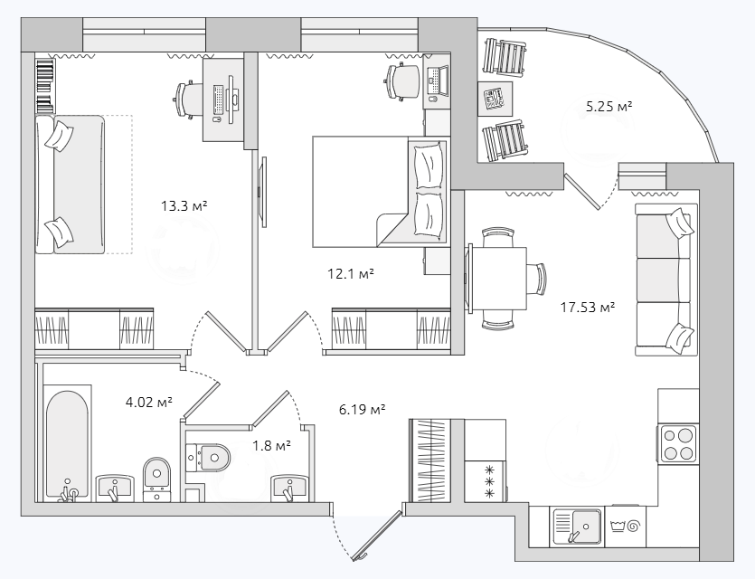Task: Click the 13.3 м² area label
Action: (184, 206)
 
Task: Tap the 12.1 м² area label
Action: (351, 274)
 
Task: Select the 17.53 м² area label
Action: (588, 307)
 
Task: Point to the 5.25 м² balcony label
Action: (609, 107)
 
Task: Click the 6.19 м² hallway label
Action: (363, 410)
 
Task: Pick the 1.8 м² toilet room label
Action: (272, 446)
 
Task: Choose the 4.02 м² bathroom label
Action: (149, 402)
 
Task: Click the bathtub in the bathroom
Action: (68, 443)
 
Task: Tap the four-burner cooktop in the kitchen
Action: (679, 443)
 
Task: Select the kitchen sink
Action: (577, 527)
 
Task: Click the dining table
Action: (497, 279)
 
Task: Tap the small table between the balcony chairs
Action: (495, 99)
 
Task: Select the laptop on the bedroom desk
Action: (438, 81)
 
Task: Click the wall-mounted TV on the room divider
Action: (263, 192)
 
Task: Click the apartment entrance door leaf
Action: (377, 536)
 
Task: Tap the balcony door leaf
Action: (582, 191)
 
